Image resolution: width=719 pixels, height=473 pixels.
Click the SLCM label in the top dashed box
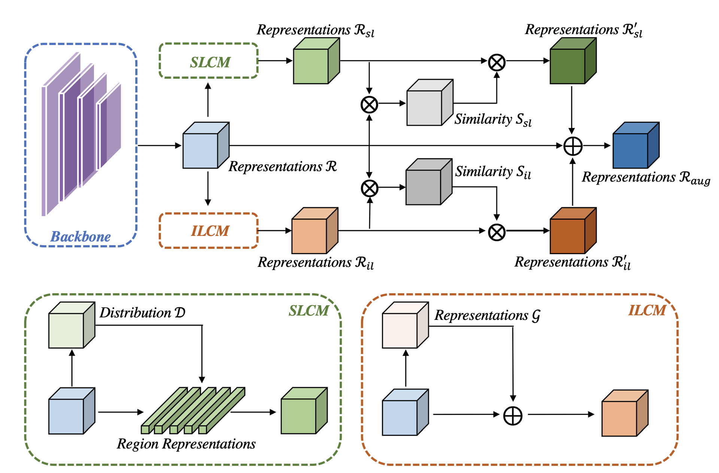(x=210, y=62)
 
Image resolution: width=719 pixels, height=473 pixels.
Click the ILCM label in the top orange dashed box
(x=210, y=231)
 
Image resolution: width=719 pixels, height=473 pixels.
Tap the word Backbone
(x=81, y=236)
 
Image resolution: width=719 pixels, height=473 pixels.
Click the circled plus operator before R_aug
(x=573, y=146)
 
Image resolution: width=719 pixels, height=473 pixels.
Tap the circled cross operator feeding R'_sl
(x=497, y=62)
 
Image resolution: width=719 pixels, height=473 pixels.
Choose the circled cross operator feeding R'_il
(x=497, y=232)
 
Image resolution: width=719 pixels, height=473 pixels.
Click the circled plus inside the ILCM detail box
(x=513, y=416)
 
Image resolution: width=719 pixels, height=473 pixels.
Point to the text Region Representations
(x=186, y=444)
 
